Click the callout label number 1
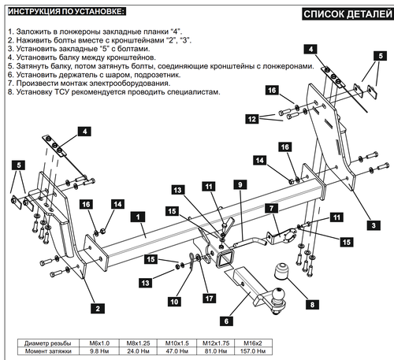138,217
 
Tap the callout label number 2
98,308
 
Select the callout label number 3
374,225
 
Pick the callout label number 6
226,321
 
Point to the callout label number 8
312,305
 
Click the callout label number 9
240,184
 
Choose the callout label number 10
174,302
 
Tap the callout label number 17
209,299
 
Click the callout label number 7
271,208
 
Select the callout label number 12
252,119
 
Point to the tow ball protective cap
281,271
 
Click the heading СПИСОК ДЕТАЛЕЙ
348,14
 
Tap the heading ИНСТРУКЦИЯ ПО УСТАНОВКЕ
67,12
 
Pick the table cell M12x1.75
216,343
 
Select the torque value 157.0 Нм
253,351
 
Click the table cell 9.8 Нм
99,351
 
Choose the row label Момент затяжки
48,351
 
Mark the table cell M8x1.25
138,343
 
